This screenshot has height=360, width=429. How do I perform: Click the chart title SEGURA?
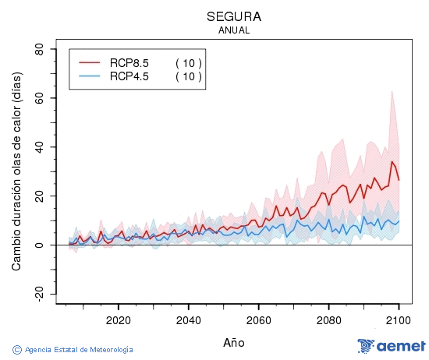[x=234, y=16]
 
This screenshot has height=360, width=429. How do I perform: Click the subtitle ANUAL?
[x=234, y=30]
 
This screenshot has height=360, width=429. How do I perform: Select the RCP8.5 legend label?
[x=129, y=63]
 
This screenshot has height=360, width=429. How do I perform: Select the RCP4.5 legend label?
[x=129, y=76]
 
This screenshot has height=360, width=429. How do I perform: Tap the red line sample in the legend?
[x=90, y=63]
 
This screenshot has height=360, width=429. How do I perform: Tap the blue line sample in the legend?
[x=90, y=76]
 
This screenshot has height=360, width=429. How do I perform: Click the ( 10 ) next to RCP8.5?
[x=188, y=63]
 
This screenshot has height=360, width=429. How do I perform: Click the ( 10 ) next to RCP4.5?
[x=188, y=76]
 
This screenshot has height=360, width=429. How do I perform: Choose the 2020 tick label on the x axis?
[x=118, y=319]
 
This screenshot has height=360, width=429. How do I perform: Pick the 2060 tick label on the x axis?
[x=258, y=319]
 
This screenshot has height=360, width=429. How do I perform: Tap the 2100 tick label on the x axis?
[x=399, y=319]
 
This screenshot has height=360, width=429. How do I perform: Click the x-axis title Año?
[x=234, y=341]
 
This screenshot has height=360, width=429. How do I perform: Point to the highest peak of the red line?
[x=392, y=161]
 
